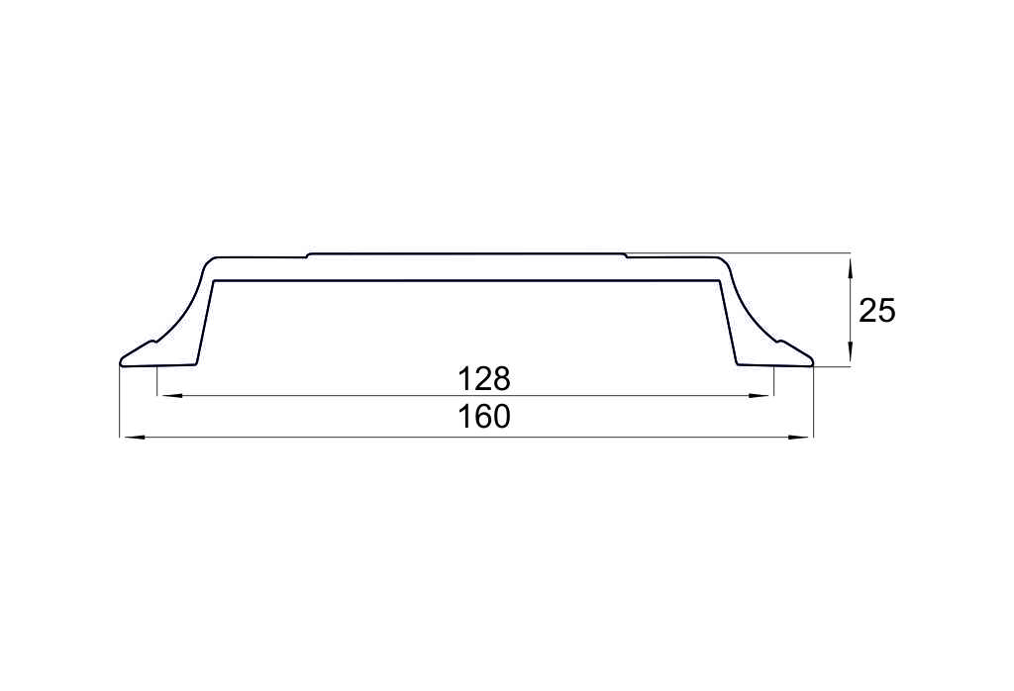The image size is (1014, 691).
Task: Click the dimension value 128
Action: (x=483, y=379)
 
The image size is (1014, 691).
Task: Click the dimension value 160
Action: (x=483, y=417)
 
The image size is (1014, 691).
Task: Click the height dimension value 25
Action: (x=877, y=311)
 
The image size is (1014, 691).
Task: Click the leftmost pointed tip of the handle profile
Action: (x=120, y=362)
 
